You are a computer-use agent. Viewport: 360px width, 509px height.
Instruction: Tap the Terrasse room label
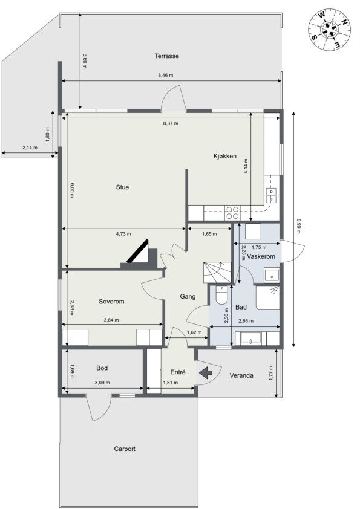click(x=166, y=56)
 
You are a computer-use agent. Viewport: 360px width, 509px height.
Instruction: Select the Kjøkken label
click(x=224, y=156)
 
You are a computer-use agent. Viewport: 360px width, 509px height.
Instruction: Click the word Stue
click(x=122, y=187)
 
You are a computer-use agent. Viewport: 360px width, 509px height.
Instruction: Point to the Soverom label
click(x=111, y=301)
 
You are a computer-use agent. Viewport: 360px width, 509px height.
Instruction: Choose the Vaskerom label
click(x=261, y=257)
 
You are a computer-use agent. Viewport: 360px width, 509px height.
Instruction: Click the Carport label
click(x=125, y=449)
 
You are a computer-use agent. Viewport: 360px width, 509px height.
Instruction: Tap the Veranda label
click(x=241, y=375)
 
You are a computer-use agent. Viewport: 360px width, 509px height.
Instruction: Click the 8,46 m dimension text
click(x=165, y=76)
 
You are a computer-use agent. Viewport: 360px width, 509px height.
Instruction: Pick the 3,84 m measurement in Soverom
click(x=111, y=320)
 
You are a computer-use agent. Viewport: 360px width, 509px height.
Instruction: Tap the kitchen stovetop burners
click(x=232, y=213)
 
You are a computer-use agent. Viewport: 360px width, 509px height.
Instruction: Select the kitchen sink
click(x=272, y=194)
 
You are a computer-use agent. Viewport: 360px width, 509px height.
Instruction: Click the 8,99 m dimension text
click(x=298, y=225)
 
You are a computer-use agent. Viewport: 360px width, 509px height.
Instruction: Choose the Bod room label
click(x=102, y=368)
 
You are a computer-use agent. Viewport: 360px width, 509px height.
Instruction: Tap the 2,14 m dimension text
click(x=30, y=148)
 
